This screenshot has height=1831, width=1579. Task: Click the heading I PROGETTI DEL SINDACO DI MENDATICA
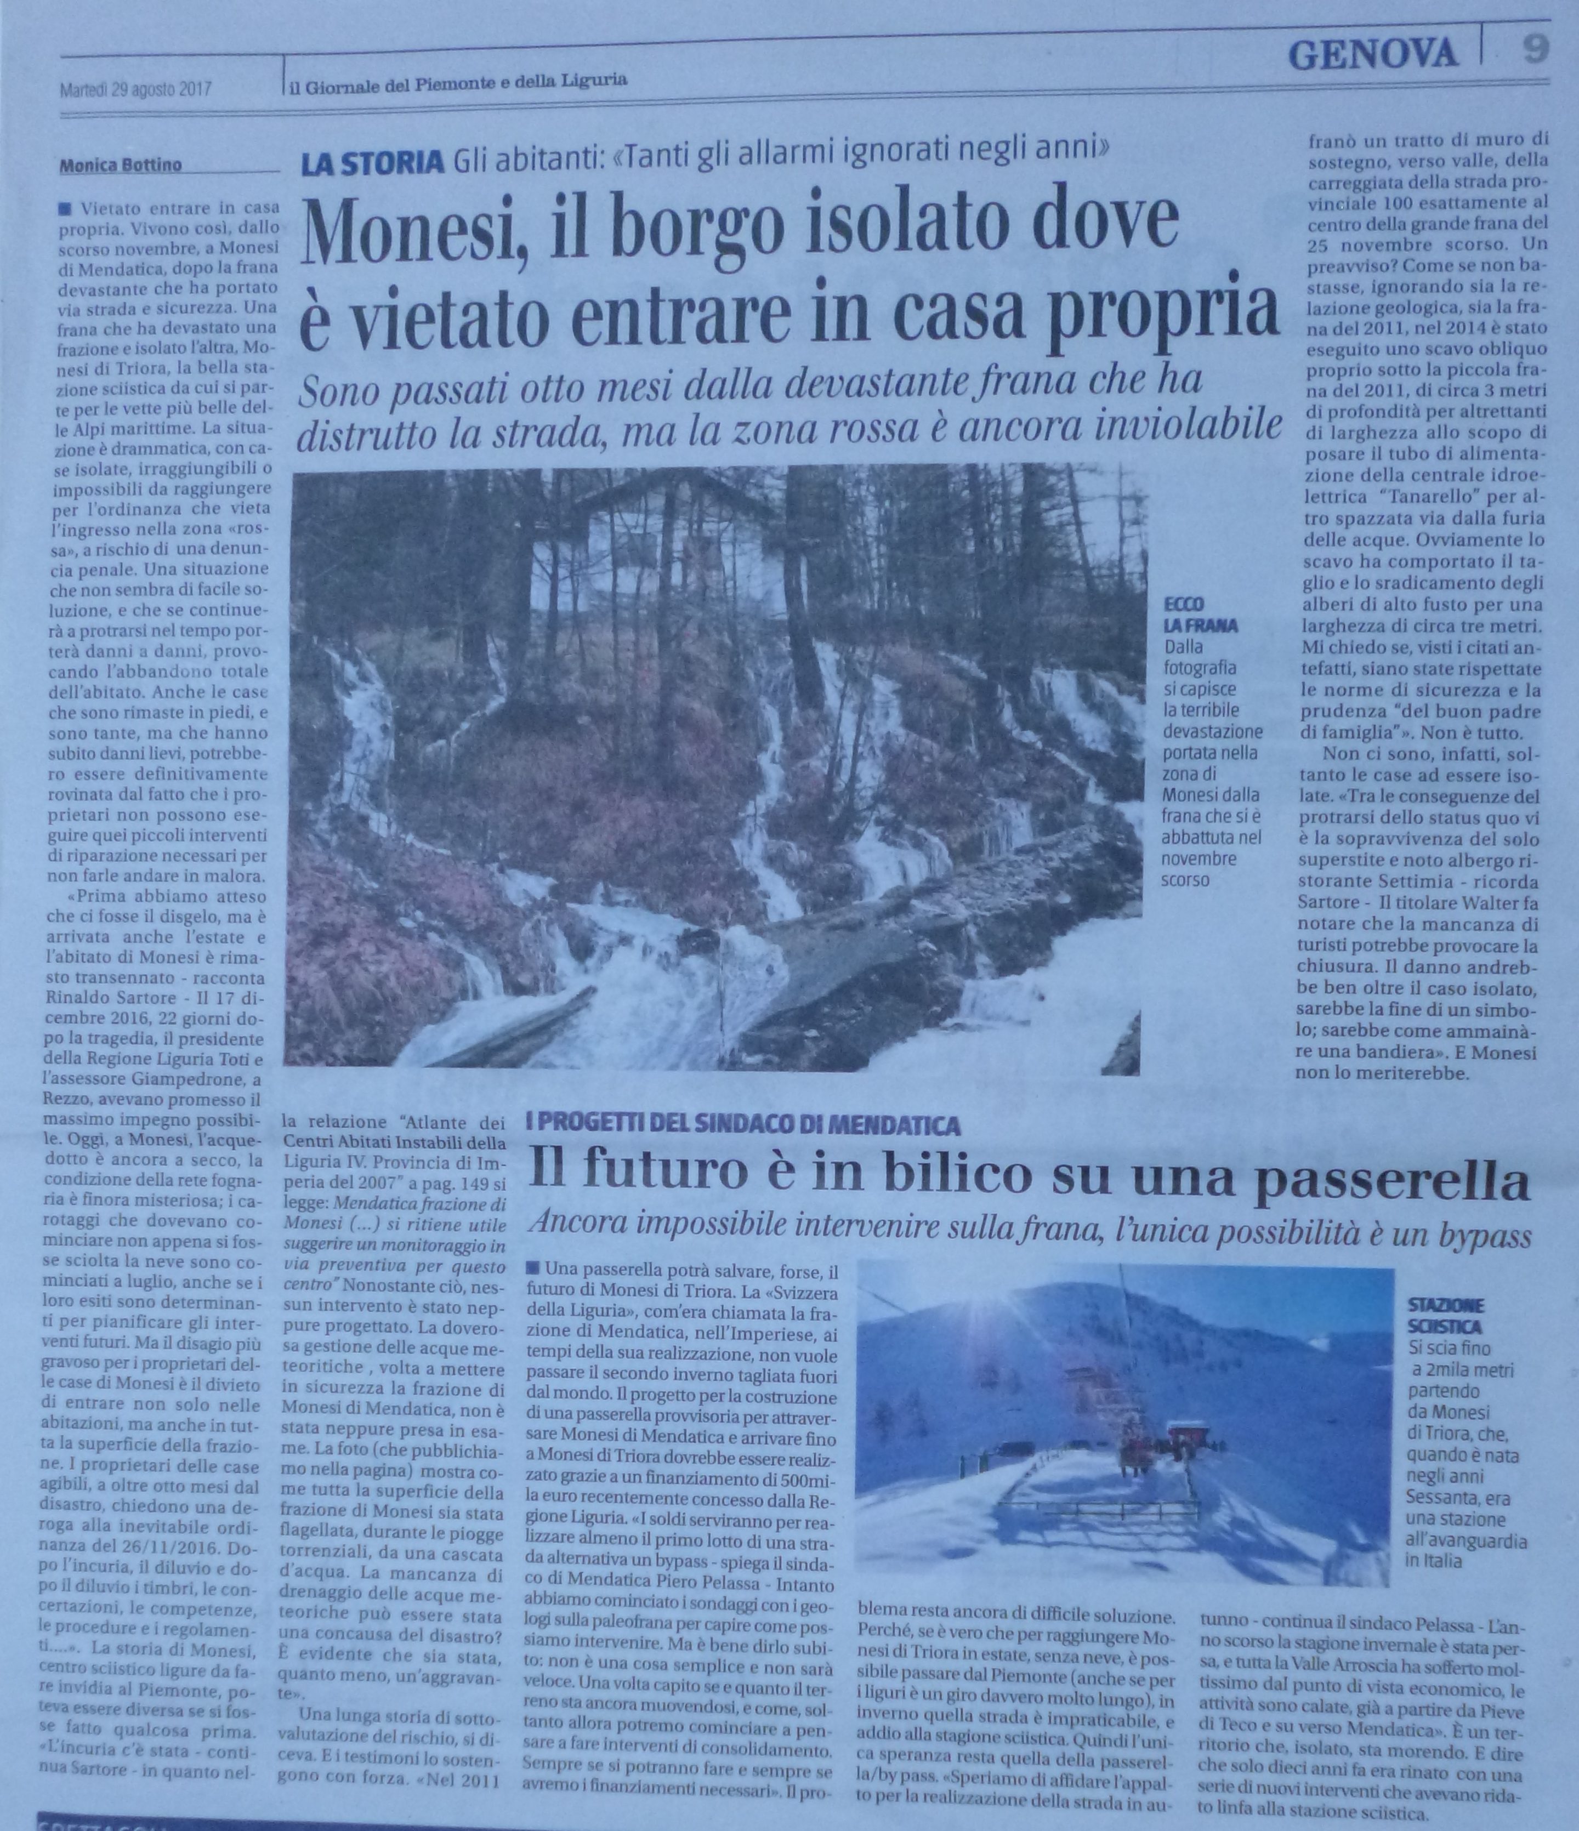[742, 1126]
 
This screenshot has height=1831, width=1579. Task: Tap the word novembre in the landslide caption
[1200, 858]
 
